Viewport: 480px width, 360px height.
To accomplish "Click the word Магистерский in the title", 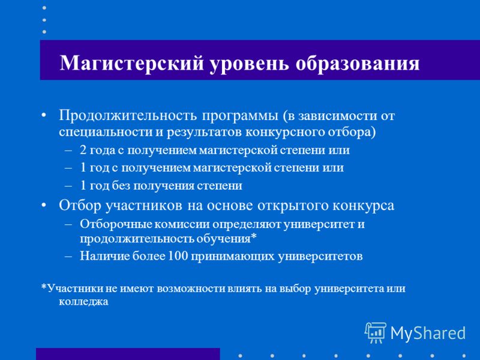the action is tap(131, 64).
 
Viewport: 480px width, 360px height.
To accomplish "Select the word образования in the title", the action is tap(358, 64).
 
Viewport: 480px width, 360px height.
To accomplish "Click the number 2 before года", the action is tap(83, 150).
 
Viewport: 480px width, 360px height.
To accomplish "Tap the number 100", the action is tap(178, 256).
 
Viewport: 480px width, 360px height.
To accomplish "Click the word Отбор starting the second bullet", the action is tap(80, 206).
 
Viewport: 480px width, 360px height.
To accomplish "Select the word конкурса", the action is tap(364, 206).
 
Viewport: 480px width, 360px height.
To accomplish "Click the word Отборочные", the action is tap(116, 224).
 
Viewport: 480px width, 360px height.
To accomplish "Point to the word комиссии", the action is tap(182, 224).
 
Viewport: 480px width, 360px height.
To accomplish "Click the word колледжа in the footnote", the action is tap(83, 302).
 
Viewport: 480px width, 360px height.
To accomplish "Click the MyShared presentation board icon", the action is tap(376, 333).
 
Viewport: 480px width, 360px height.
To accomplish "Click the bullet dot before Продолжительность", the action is tap(44, 116).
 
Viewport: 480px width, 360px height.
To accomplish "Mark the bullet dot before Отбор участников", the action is tap(44, 206).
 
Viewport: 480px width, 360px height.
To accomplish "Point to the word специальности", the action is tap(108, 133).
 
